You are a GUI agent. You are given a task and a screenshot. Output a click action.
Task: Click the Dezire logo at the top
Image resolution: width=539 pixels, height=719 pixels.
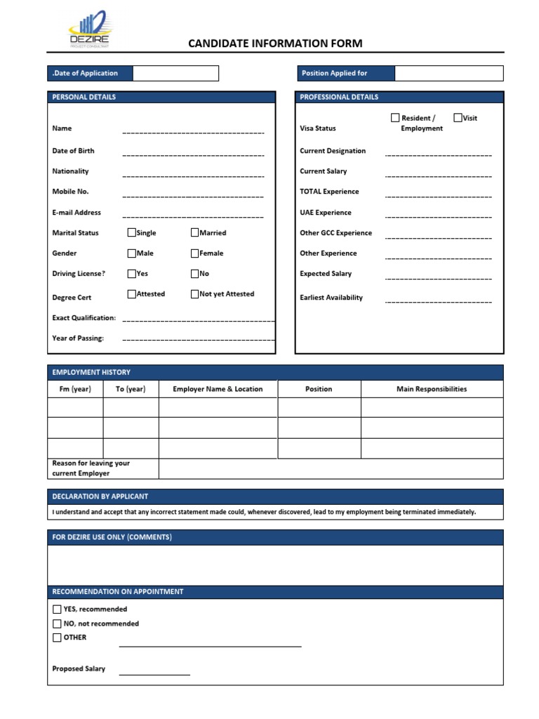pyautogui.click(x=88, y=30)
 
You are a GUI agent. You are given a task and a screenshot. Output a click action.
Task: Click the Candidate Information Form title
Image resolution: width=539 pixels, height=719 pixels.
pyautogui.click(x=275, y=44)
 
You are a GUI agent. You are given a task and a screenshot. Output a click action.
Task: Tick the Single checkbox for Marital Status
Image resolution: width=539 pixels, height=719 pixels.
pyautogui.click(x=132, y=232)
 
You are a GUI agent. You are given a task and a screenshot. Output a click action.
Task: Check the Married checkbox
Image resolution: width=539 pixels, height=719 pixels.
pyautogui.click(x=195, y=232)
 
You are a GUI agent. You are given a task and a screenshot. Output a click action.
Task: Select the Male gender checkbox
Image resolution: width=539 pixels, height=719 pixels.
pyautogui.click(x=132, y=253)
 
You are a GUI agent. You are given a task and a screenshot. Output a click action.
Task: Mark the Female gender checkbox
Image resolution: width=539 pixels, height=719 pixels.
pyautogui.click(x=195, y=253)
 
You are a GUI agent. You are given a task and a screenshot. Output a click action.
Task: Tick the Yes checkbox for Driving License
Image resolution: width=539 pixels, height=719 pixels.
pyautogui.click(x=132, y=273)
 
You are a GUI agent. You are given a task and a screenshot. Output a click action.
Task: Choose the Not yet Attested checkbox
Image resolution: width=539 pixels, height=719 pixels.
pyautogui.click(x=195, y=294)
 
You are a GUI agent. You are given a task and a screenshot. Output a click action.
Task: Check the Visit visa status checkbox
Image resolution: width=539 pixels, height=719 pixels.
pyautogui.click(x=458, y=118)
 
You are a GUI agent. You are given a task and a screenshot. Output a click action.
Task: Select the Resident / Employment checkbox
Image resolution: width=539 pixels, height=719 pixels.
pyautogui.click(x=395, y=118)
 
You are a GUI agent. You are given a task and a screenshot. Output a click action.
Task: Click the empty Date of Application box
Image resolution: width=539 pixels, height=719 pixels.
pyautogui.click(x=175, y=73)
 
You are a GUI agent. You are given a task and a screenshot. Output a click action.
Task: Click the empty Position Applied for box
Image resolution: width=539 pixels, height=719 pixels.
pyautogui.click(x=448, y=73)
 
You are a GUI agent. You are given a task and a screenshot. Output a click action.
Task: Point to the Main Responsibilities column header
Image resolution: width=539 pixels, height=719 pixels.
pyautogui.click(x=432, y=389)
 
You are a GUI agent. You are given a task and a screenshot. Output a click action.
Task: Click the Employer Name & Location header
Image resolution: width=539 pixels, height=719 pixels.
pyautogui.click(x=218, y=389)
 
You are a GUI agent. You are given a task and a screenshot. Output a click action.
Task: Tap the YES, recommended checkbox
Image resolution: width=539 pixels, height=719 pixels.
pyautogui.click(x=57, y=609)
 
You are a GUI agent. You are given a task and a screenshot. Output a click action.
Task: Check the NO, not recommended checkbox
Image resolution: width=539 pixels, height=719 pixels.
pyautogui.click(x=57, y=624)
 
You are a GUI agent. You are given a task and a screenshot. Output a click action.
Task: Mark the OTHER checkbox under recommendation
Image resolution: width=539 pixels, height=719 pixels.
pyautogui.click(x=57, y=638)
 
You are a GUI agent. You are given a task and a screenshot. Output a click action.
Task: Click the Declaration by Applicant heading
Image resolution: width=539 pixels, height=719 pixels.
pyautogui.click(x=100, y=496)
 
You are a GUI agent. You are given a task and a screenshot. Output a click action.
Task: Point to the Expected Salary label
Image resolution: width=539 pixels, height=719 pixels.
pyautogui.click(x=326, y=274)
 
